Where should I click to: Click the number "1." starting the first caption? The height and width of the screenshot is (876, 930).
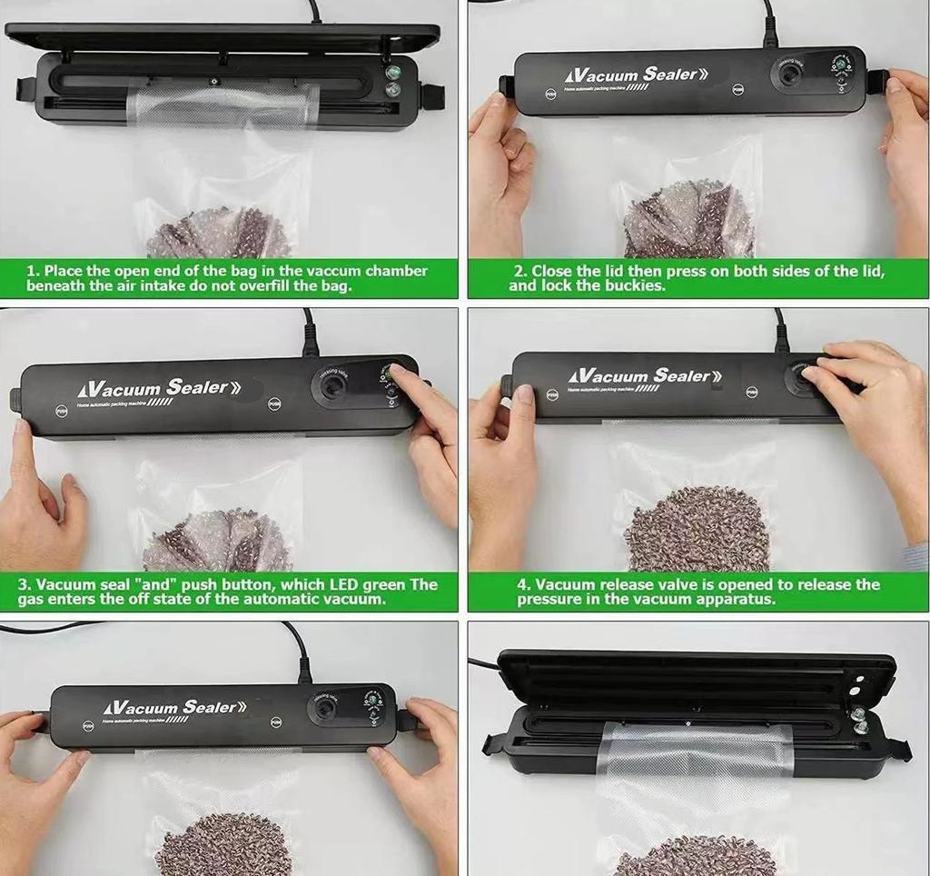[33, 271]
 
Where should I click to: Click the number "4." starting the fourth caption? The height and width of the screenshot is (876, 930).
[524, 584]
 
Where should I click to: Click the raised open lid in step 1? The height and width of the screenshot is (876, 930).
[222, 37]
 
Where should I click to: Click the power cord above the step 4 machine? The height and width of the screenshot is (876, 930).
[778, 328]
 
